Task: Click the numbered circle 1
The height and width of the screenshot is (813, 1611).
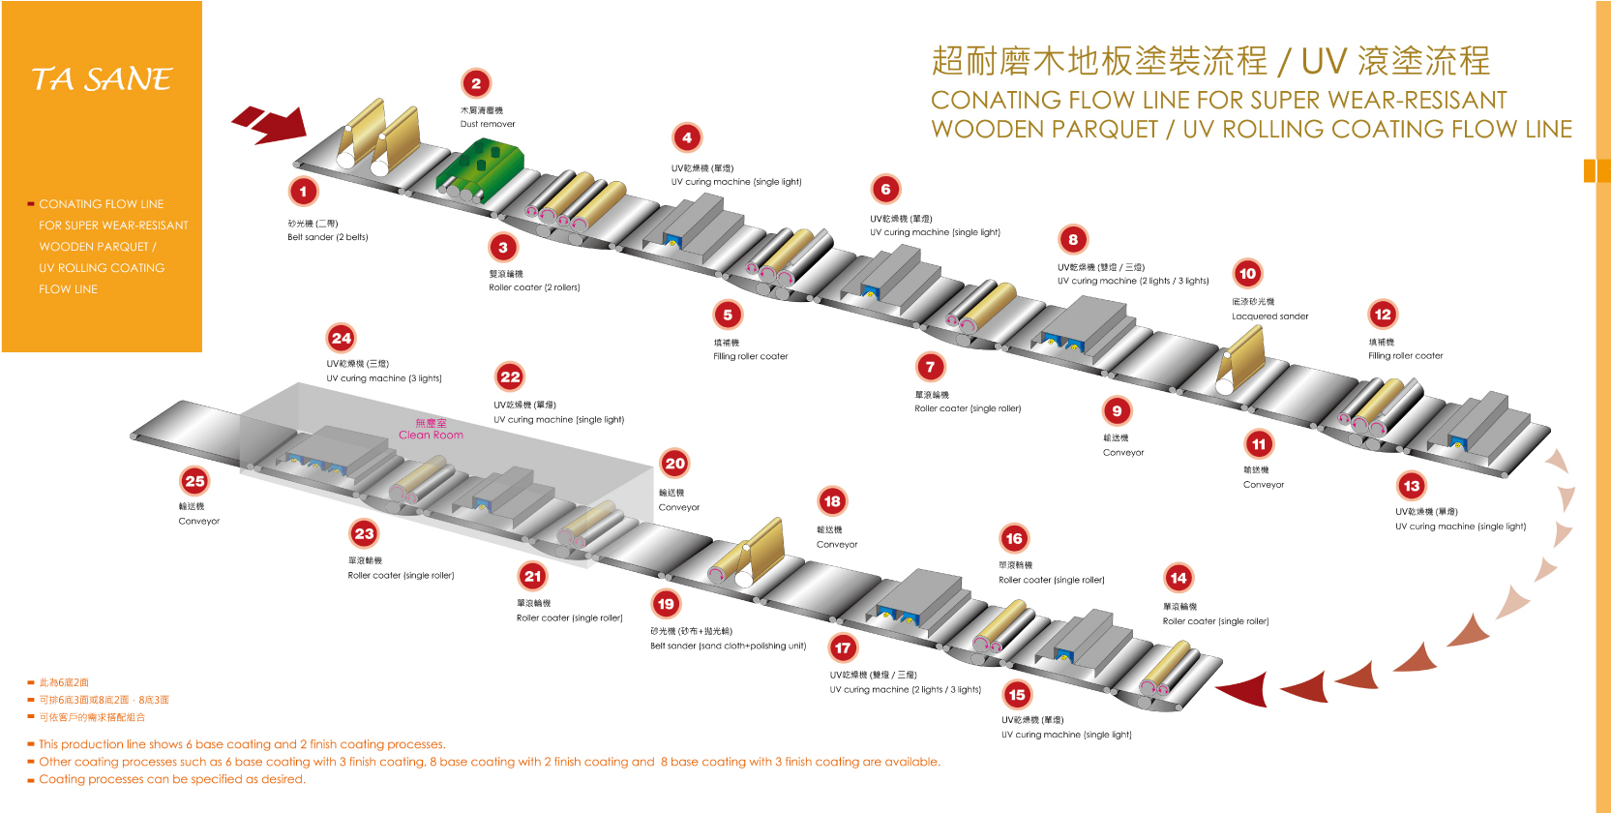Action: pyautogui.click(x=303, y=192)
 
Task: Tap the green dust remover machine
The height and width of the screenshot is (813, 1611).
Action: pyautogui.click(x=480, y=166)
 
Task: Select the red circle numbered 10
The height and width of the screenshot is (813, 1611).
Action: pyautogui.click(x=1247, y=274)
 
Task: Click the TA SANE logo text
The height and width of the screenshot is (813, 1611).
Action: pyautogui.click(x=102, y=79)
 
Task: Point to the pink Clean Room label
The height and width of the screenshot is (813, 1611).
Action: pyautogui.click(x=431, y=430)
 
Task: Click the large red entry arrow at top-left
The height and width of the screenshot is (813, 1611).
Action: pyautogui.click(x=271, y=124)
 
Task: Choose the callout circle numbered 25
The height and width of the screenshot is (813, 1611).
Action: pyautogui.click(x=194, y=481)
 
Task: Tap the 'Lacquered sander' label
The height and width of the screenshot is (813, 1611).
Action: pyautogui.click(x=1269, y=316)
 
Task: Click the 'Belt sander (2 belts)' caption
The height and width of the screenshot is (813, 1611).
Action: pyautogui.click(x=327, y=237)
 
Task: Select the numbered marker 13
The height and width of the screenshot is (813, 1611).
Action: pyautogui.click(x=1411, y=486)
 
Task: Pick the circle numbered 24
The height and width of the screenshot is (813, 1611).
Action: pyautogui.click(x=341, y=338)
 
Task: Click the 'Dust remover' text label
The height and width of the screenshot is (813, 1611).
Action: pyautogui.click(x=488, y=124)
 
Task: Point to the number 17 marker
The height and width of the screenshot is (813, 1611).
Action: pyautogui.click(x=843, y=647)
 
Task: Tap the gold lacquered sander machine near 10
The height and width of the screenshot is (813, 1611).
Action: pyautogui.click(x=1242, y=359)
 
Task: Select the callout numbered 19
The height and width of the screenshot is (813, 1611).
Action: pyautogui.click(x=666, y=604)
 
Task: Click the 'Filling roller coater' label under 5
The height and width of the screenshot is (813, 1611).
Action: pyautogui.click(x=750, y=356)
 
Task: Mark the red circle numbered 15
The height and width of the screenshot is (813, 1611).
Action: pyautogui.click(x=1016, y=695)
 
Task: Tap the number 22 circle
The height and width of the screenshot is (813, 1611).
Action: pyautogui.click(x=510, y=376)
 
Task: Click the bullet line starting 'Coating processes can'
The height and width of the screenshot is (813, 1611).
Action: pyautogui.click(x=172, y=779)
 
